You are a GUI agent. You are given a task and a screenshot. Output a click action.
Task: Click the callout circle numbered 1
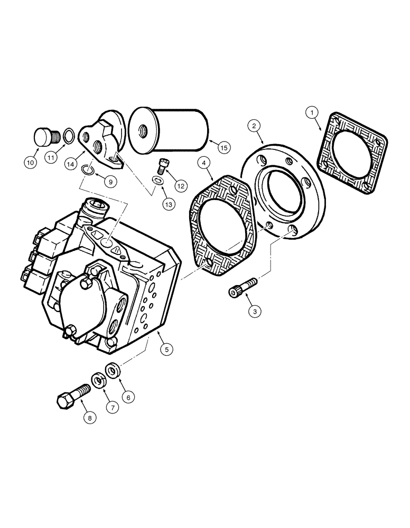(312, 112)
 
